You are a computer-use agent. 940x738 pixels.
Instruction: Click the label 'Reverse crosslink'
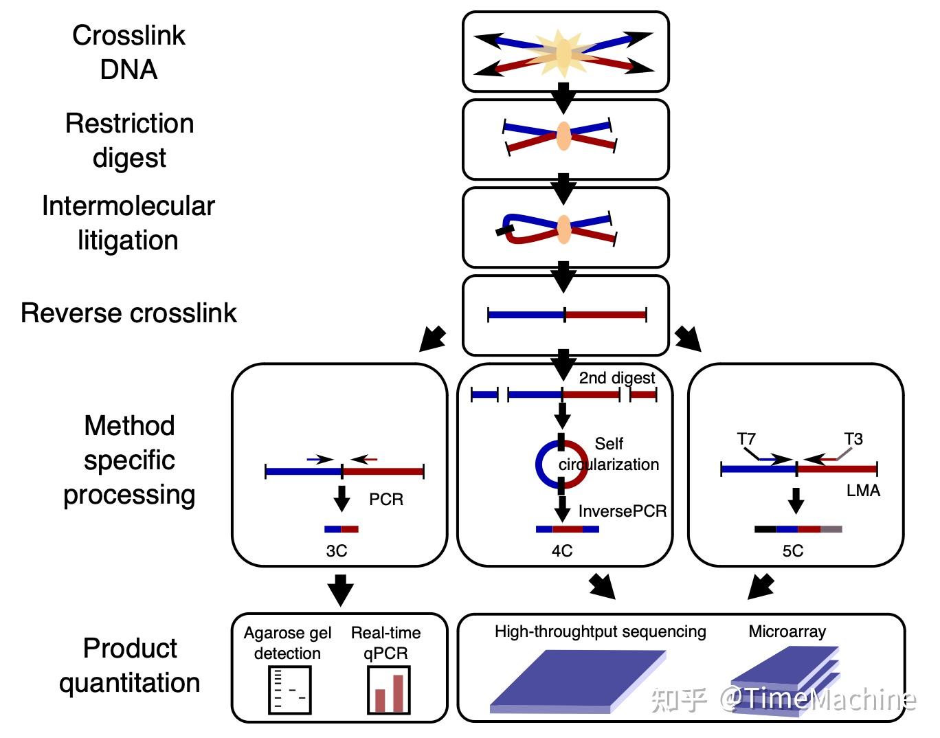tap(128, 313)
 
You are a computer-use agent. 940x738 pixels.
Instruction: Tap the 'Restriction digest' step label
tap(129, 141)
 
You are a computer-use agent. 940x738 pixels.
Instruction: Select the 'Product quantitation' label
tap(129, 665)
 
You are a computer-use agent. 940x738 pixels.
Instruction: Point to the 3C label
tap(337, 551)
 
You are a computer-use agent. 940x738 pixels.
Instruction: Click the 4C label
tap(562, 551)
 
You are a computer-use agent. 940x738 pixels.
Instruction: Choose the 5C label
tap(793, 551)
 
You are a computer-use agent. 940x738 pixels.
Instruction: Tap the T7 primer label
tap(746, 439)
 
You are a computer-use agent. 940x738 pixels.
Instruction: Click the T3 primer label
tap(853, 439)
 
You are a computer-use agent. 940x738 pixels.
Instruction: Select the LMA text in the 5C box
tap(863, 491)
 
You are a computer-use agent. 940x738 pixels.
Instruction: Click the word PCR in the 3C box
tap(386, 500)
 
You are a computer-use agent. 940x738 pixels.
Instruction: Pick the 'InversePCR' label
tap(623, 511)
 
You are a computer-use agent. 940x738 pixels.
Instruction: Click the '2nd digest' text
tap(617, 378)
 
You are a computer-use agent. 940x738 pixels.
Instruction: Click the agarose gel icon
tap(289, 689)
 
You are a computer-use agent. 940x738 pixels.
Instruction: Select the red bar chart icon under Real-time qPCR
tap(389, 690)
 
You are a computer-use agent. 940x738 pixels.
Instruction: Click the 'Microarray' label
tap(787, 631)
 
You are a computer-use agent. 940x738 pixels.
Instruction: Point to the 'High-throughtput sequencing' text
tap(601, 631)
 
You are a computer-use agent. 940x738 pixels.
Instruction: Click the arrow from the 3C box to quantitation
tap(340, 590)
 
